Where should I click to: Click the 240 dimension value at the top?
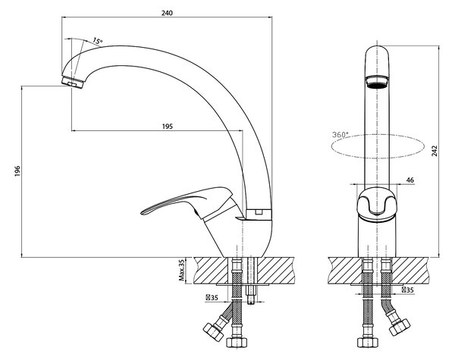click(167, 13)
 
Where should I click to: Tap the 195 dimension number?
click(167, 127)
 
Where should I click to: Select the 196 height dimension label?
click(17, 171)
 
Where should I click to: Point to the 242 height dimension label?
click(435, 151)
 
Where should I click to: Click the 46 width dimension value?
click(409, 180)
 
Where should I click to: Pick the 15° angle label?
click(98, 41)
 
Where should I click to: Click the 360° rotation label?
click(340, 135)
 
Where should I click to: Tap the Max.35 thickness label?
click(182, 271)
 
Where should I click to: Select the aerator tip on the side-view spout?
click(73, 82)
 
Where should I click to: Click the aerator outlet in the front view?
click(377, 82)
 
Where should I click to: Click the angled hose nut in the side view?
click(214, 331)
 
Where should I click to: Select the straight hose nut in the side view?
click(237, 343)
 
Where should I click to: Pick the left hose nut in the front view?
click(368, 343)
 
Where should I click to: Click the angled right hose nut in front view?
click(400, 327)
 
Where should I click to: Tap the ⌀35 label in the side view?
click(212, 298)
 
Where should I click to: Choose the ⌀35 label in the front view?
click(408, 290)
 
